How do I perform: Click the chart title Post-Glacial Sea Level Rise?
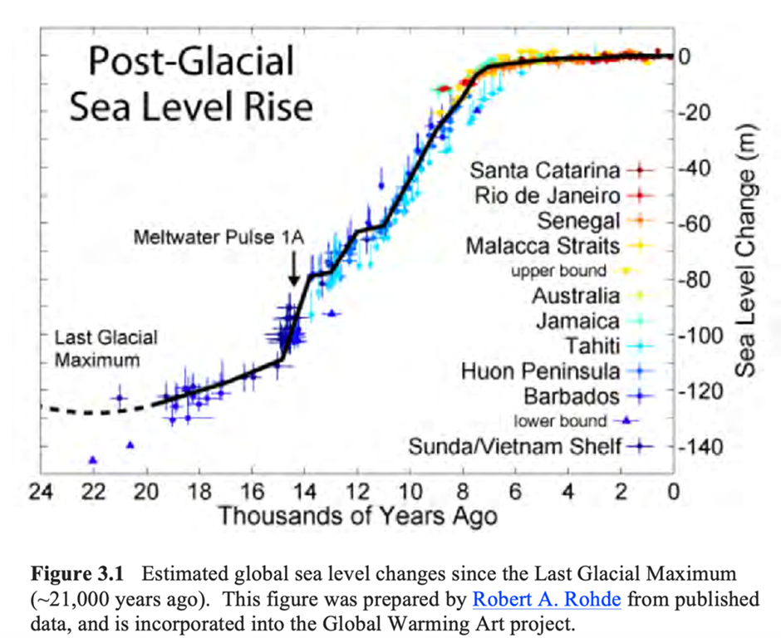point(191,86)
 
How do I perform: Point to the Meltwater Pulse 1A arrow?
point(293,270)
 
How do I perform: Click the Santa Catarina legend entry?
point(545,171)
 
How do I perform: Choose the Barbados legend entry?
point(572,395)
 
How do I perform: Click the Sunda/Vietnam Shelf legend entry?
point(515,447)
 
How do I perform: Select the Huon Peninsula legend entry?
point(541,371)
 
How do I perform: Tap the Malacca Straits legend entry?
point(543,247)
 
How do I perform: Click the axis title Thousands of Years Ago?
point(357,517)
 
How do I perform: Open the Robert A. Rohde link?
point(547,598)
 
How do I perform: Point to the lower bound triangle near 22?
point(93,459)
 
